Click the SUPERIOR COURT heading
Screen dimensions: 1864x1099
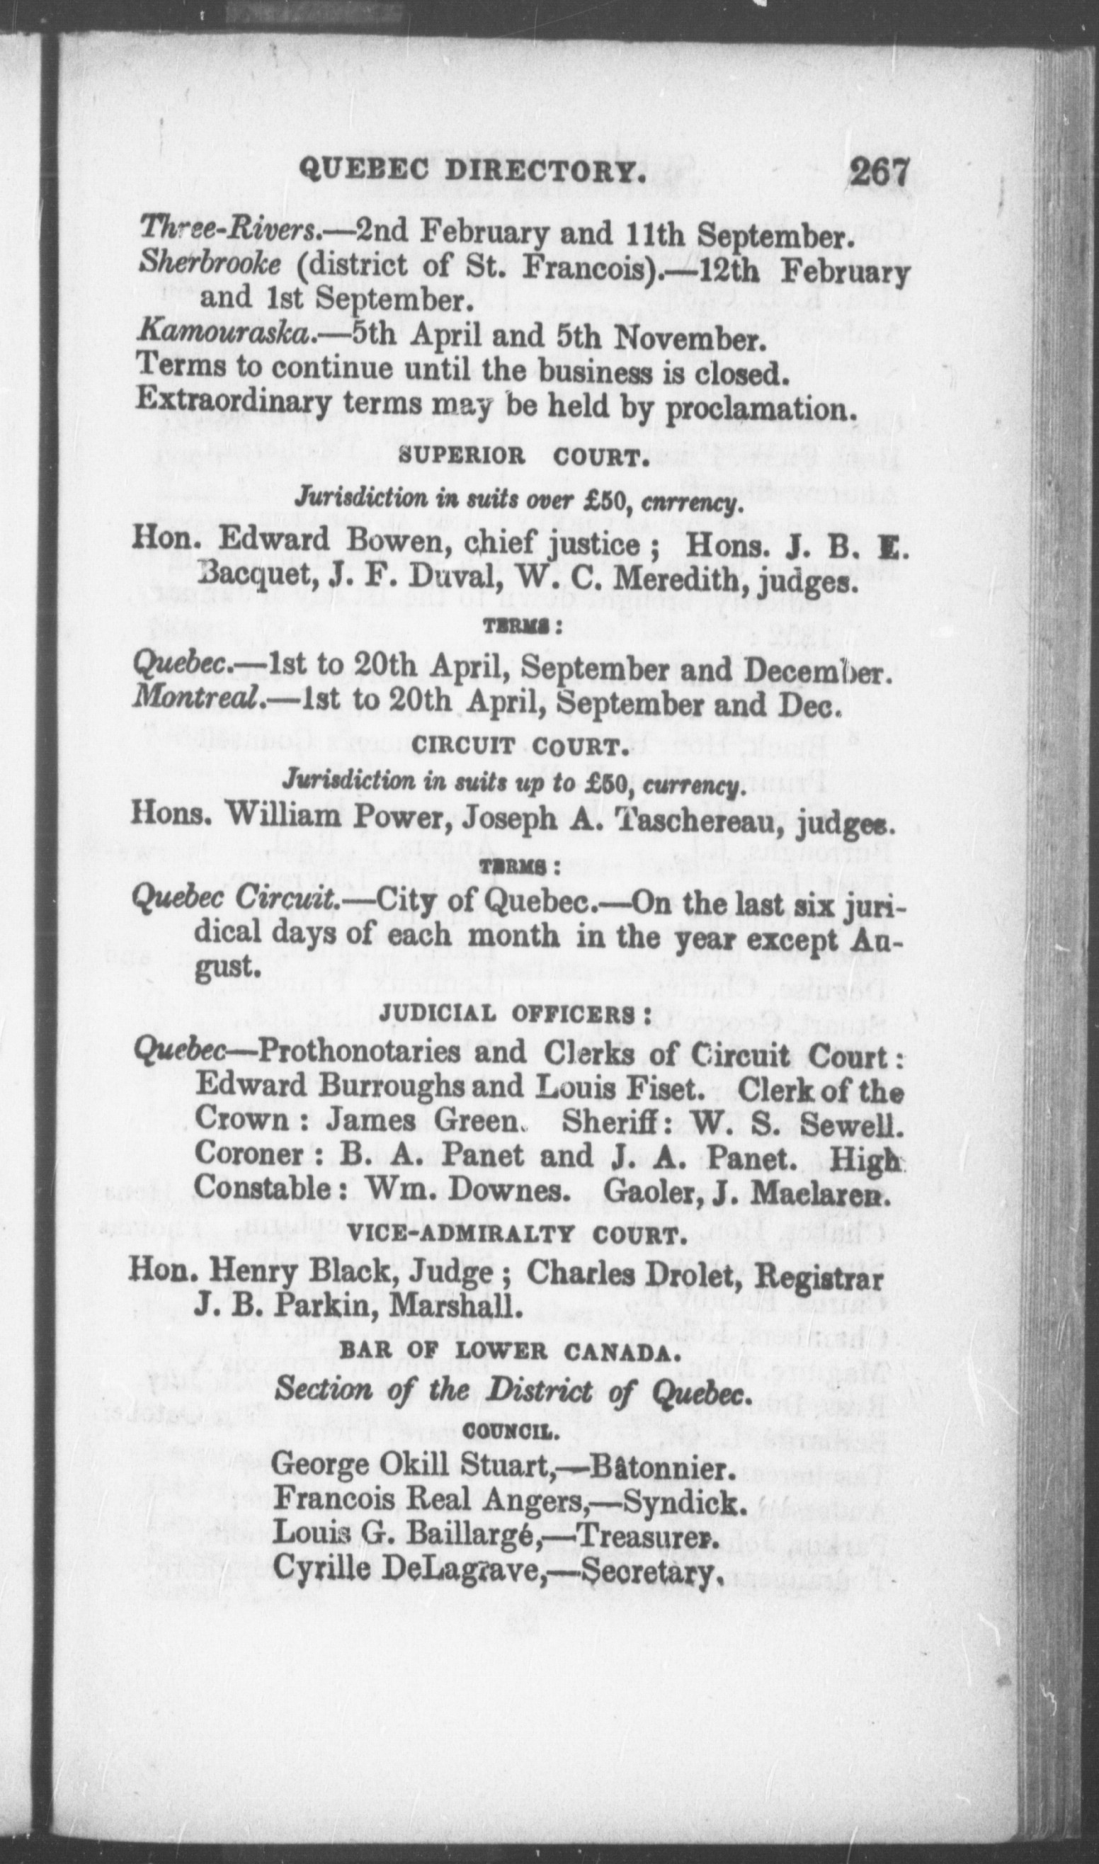pyautogui.click(x=518, y=457)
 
